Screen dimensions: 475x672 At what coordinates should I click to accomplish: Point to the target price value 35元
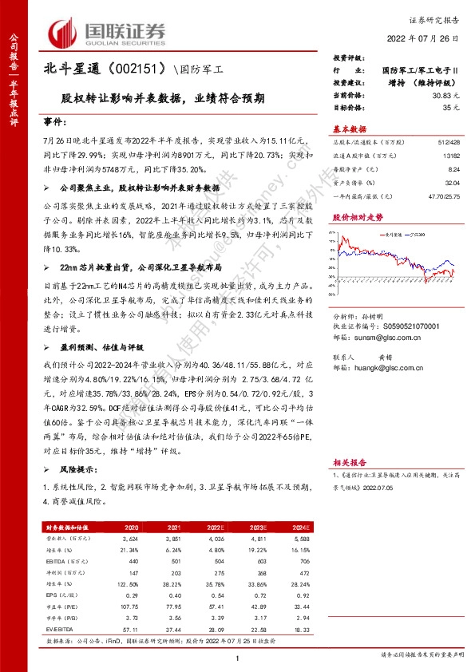(x=452, y=106)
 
